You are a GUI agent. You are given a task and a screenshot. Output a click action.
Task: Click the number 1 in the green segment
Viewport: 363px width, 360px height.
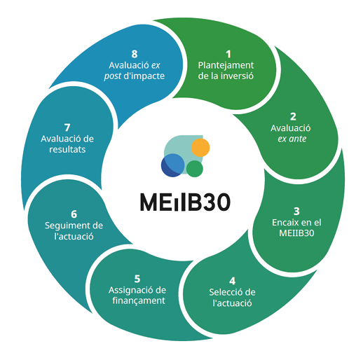pyautogui.click(x=228, y=54)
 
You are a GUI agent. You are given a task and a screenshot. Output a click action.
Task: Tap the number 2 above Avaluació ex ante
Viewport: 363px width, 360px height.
pyautogui.click(x=293, y=117)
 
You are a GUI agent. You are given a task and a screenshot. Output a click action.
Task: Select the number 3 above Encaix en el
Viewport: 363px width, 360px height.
pyautogui.click(x=296, y=212)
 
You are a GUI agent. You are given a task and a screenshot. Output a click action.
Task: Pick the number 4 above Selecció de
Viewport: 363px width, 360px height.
pyautogui.click(x=232, y=281)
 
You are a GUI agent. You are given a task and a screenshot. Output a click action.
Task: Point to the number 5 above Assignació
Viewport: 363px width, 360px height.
pyautogui.click(x=137, y=279)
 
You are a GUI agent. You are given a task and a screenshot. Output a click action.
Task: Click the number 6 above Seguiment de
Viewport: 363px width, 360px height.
pyautogui.click(x=74, y=214)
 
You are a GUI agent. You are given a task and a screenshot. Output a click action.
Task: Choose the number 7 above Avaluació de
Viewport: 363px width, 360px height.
pyautogui.click(x=67, y=127)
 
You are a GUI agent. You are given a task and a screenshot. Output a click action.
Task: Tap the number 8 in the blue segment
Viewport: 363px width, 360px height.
pyautogui.click(x=135, y=54)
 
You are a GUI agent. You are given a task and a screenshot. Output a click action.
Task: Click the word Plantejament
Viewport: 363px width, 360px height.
pyautogui.click(x=226, y=65)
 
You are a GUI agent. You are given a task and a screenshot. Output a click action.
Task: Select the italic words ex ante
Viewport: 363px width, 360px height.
pyautogui.click(x=292, y=139)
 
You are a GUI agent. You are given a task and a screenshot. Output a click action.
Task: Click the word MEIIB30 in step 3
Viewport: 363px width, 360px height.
pyautogui.click(x=296, y=233)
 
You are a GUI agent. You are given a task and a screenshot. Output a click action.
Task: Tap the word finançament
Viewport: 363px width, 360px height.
pyautogui.click(x=139, y=300)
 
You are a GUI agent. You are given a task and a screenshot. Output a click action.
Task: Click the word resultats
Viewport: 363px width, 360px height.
pyautogui.click(x=67, y=149)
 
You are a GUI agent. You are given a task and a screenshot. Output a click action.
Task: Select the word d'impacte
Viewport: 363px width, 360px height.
pyautogui.click(x=144, y=76)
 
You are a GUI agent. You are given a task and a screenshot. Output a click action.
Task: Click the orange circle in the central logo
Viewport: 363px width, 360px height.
pyautogui.click(x=200, y=148)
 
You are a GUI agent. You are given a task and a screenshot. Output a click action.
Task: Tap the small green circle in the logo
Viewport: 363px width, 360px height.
pyautogui.click(x=195, y=169)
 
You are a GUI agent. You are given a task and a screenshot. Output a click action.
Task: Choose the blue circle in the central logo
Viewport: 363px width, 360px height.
pyautogui.click(x=173, y=165)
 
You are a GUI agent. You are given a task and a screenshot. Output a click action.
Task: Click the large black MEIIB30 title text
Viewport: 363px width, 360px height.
pyautogui.click(x=185, y=202)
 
